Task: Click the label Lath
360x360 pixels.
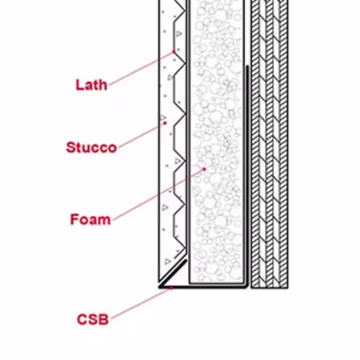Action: (91, 85)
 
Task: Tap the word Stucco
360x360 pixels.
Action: (91, 148)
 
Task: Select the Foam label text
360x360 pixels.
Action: (91, 220)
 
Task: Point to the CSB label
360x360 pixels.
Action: (93, 320)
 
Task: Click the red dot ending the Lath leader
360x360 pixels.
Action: (174, 52)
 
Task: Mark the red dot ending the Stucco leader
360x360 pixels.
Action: (165, 123)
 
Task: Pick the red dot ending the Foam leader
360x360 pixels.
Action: (204, 169)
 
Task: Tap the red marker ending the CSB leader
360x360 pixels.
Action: (171, 288)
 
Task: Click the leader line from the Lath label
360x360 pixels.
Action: (142, 68)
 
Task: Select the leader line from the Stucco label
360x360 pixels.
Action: (142, 135)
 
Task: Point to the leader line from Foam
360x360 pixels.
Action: (158, 194)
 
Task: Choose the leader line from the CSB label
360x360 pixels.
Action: (141, 303)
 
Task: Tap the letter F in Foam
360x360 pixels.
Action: (74, 220)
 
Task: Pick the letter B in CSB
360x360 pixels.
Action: (104, 320)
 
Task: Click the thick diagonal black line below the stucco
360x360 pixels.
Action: (173, 274)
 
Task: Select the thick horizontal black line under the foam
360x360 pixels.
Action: (203, 287)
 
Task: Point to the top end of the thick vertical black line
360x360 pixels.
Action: (247, 66)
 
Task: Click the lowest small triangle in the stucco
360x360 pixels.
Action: (168, 261)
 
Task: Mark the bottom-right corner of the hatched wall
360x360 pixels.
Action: (288, 288)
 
